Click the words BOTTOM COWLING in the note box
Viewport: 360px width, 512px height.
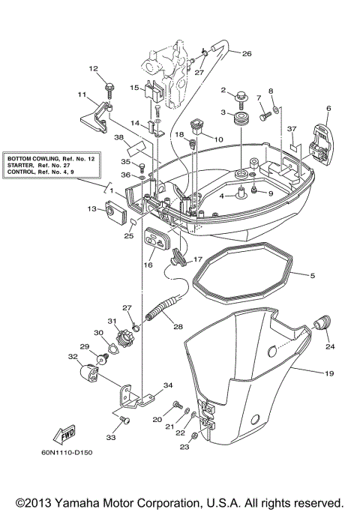34,160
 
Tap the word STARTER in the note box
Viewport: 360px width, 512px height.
25,166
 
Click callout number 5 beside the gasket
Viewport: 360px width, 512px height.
312,276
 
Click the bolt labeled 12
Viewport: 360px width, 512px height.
109,88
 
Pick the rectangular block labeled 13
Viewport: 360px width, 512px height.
115,216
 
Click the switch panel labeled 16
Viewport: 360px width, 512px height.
155,242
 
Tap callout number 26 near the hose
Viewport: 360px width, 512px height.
247,53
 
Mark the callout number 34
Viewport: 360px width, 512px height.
168,385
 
